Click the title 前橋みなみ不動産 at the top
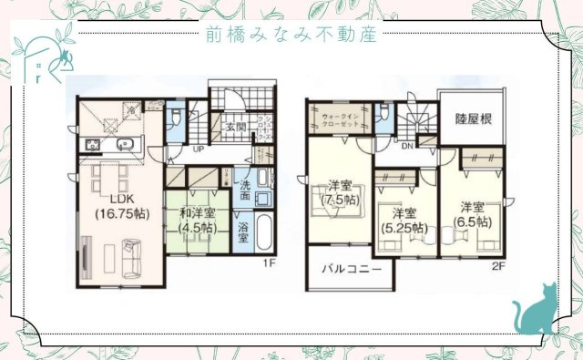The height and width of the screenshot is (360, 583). tap(291, 34)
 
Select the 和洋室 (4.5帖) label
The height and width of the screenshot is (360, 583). tap(196, 220)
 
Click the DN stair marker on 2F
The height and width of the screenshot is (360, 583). tap(408, 145)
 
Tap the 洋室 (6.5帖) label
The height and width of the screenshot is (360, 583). tap(472, 213)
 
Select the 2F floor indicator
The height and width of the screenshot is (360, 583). tap(498, 266)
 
